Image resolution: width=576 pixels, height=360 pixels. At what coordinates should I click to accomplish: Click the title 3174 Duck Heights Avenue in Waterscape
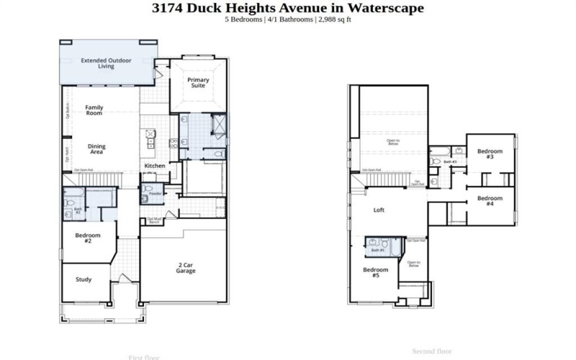coord(288,9)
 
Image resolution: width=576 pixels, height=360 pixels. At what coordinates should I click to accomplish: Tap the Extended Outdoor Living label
coord(106,63)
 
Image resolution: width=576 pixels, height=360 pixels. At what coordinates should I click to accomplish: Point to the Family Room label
coord(94,110)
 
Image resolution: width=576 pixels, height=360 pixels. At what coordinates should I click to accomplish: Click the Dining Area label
coord(96,149)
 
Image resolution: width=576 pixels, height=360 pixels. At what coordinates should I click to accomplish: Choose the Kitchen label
coord(155,166)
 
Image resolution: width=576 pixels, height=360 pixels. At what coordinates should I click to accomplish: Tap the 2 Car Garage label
coord(185,269)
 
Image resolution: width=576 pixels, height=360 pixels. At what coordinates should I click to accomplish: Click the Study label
coord(84,279)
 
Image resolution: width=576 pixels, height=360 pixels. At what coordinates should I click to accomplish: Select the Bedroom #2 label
coord(88,238)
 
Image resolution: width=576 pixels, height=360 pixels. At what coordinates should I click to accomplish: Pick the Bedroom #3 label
coord(490,153)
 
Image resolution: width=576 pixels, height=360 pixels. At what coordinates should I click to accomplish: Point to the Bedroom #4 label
coord(490,201)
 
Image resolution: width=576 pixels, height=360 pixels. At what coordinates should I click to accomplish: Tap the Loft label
coord(379,210)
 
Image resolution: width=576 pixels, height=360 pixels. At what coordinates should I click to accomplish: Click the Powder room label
coord(155,194)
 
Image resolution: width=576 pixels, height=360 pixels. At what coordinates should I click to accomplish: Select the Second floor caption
coord(431,351)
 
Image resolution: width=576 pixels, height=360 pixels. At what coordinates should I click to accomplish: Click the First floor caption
coord(144,357)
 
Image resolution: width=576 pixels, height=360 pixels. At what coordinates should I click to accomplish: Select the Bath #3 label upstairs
coord(450,162)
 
